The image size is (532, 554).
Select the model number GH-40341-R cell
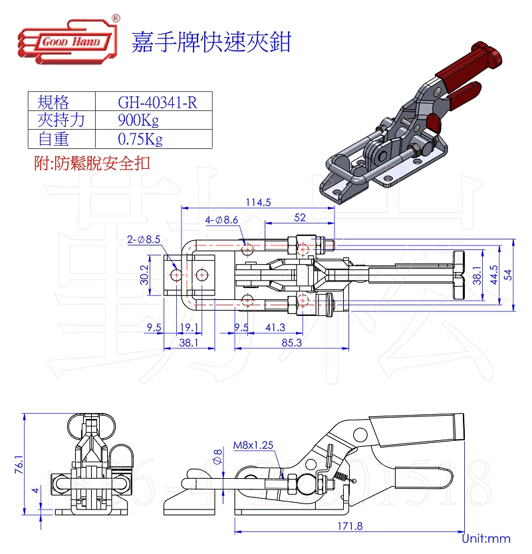(156, 102)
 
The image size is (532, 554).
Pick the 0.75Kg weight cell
(140, 139)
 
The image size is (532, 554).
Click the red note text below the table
(92, 163)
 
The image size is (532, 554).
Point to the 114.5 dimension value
(258, 203)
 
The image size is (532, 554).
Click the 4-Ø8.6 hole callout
(221, 219)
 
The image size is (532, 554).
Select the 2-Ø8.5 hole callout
(144, 239)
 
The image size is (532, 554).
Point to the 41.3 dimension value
(275, 327)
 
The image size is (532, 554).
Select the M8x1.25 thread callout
(253, 446)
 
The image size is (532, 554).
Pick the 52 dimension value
(299, 217)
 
